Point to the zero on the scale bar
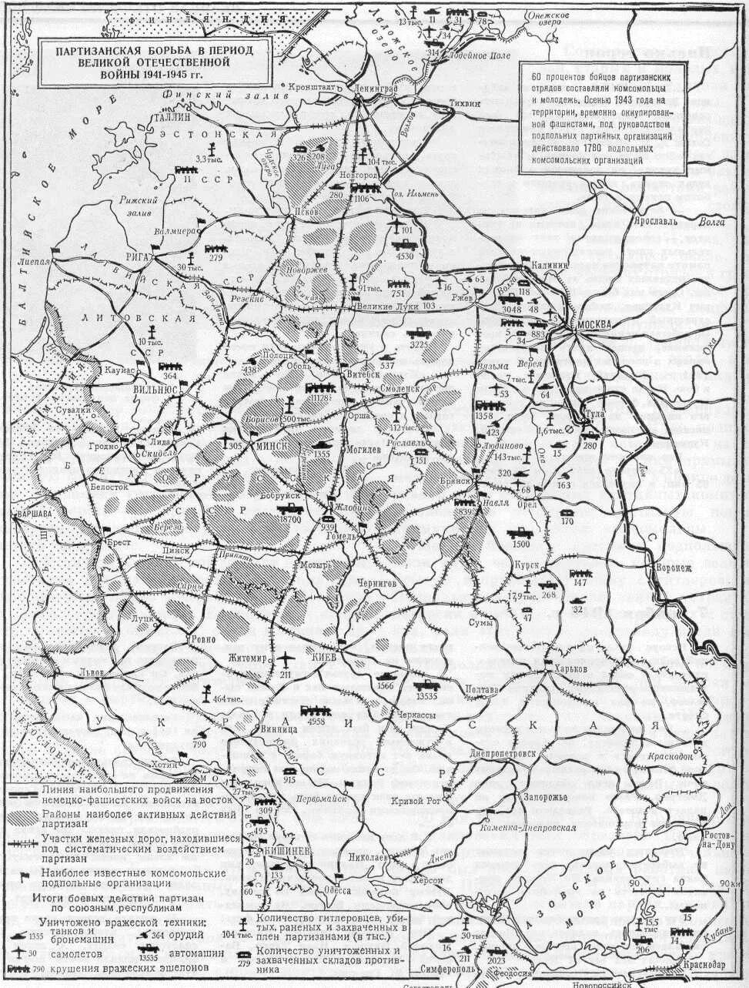(x=680, y=882)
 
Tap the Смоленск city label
(x=399, y=388)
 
